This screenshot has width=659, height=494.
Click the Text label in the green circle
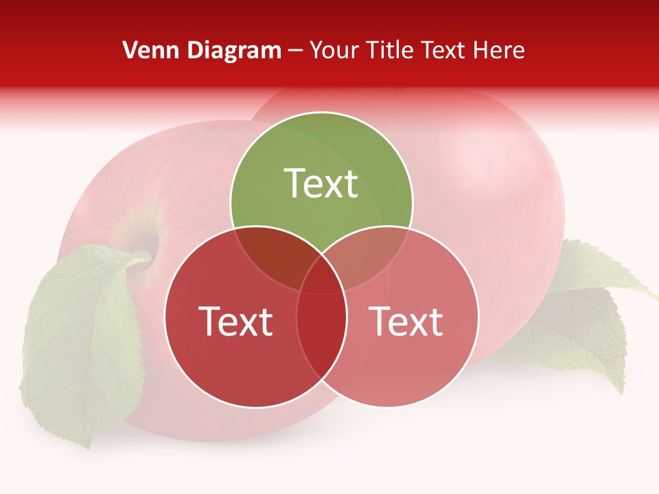tap(321, 183)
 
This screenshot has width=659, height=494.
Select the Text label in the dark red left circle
tap(235, 321)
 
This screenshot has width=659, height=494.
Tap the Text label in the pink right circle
tap(406, 321)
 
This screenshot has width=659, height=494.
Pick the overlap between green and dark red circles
tap(271, 254)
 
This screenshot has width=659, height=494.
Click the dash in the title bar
tap(295, 51)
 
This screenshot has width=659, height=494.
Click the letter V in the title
tap(128, 50)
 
